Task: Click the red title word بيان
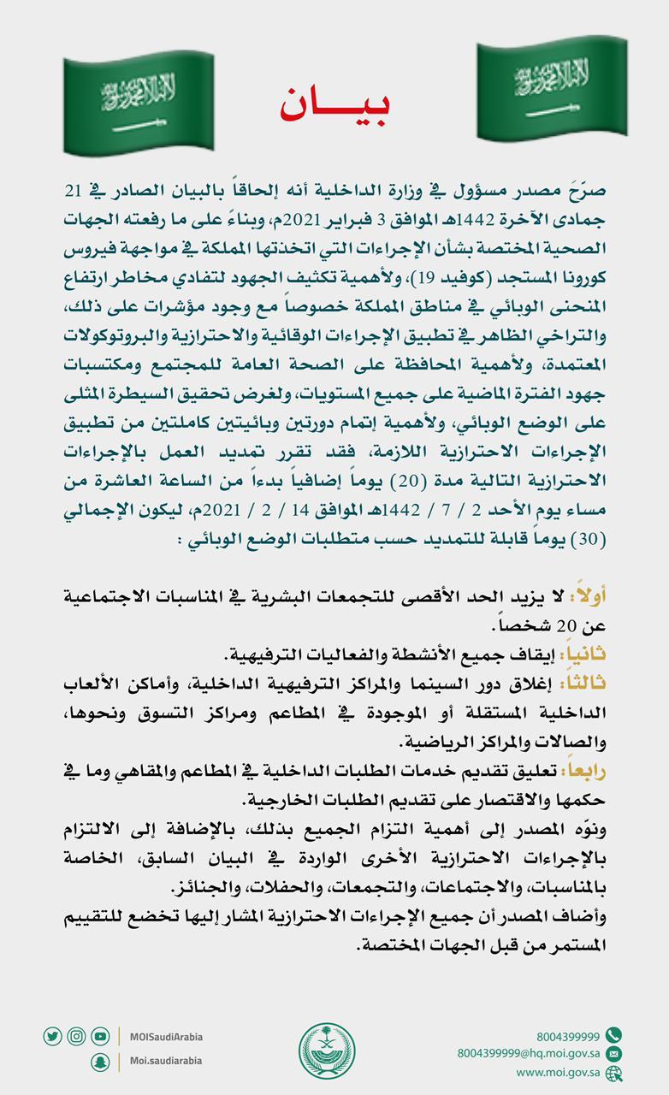(334, 104)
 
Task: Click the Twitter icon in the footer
(52, 1036)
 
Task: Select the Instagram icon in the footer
(76, 1036)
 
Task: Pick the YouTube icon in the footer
(100, 1036)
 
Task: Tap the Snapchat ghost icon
(100, 1061)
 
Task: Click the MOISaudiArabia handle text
(167, 1037)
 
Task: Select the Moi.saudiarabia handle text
(166, 1061)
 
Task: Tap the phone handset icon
(613, 1035)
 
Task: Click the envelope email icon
(613, 1054)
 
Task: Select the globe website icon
(613, 1073)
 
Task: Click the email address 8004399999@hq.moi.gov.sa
(528, 1054)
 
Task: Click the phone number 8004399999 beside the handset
(568, 1035)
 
